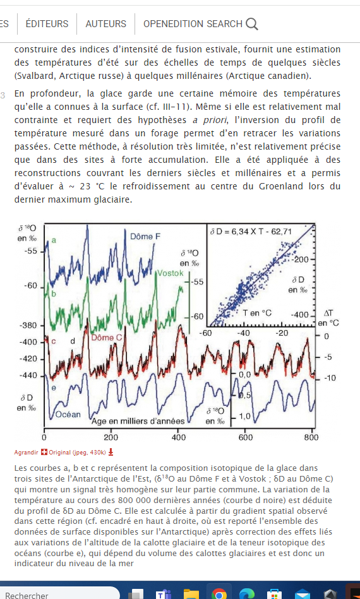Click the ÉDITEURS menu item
47,24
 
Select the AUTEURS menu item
106,24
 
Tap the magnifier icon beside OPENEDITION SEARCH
252,24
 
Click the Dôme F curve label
145,237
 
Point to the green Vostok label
171,273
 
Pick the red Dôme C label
107,338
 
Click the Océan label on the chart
68,415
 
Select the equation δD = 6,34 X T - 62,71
251,232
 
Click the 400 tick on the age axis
179,437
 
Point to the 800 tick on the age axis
311,437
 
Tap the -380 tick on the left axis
28,326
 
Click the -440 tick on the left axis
28,376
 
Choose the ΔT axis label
328,313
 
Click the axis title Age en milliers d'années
138,422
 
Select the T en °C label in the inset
257,313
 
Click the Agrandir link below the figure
26,453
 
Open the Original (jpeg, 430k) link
77,453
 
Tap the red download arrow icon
111,453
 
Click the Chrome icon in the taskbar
219,594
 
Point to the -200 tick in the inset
301,260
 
